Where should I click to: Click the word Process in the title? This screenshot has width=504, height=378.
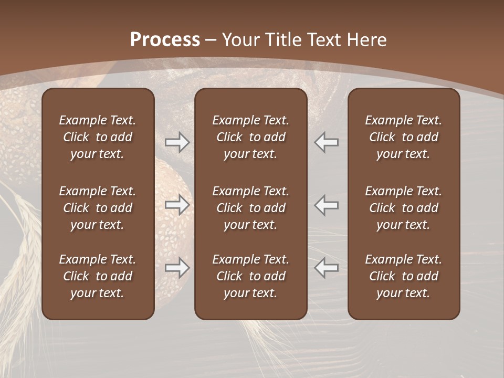pyautogui.click(x=165, y=40)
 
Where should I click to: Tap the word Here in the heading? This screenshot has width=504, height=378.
pyautogui.click(x=366, y=40)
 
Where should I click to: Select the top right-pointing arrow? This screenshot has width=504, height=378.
pyautogui.click(x=177, y=142)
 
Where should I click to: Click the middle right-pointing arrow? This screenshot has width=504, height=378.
pyautogui.click(x=177, y=205)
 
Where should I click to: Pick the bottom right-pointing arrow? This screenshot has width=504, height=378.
pyautogui.click(x=177, y=268)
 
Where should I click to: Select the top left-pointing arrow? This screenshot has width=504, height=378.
pyautogui.click(x=327, y=142)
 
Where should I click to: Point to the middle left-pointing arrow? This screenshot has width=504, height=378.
pyautogui.click(x=327, y=205)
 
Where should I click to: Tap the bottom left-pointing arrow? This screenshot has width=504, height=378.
pyautogui.click(x=327, y=268)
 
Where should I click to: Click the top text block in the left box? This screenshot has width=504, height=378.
pyautogui.click(x=98, y=137)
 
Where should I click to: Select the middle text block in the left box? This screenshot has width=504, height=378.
pyautogui.click(x=98, y=208)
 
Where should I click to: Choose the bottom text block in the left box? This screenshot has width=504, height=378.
pyautogui.click(x=98, y=276)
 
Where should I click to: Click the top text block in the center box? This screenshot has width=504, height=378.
pyautogui.click(x=250, y=137)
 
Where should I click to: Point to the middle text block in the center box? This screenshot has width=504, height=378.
pyautogui.click(x=250, y=208)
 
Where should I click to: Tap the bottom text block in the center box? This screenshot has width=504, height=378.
pyautogui.click(x=250, y=276)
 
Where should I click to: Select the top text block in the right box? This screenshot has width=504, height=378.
pyautogui.click(x=403, y=137)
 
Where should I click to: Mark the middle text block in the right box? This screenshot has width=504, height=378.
pyautogui.click(x=403, y=208)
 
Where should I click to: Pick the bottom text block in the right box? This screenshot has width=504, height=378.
pyautogui.click(x=403, y=276)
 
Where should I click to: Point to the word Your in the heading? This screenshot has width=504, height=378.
pyautogui.click(x=240, y=40)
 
